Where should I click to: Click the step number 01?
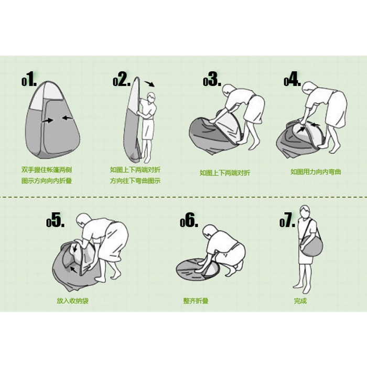[x=29, y=79]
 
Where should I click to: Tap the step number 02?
[x=122, y=79]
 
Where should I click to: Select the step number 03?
[x=212, y=79]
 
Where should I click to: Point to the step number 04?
[x=292, y=79]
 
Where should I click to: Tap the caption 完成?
[x=300, y=301]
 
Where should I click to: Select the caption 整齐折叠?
[x=196, y=301]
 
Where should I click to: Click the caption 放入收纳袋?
[x=72, y=301]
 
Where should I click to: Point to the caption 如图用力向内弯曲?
[x=316, y=172]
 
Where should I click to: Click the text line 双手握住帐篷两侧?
[x=47, y=170]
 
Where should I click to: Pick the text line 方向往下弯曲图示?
[x=135, y=181]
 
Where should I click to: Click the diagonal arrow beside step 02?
[x=149, y=84]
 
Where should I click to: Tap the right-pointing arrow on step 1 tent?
[x=48, y=121]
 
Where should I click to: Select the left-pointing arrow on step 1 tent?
[x=68, y=117]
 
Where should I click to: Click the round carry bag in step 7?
[x=311, y=246]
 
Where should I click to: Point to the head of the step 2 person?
[x=151, y=96]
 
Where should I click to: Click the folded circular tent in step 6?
[x=198, y=269]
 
